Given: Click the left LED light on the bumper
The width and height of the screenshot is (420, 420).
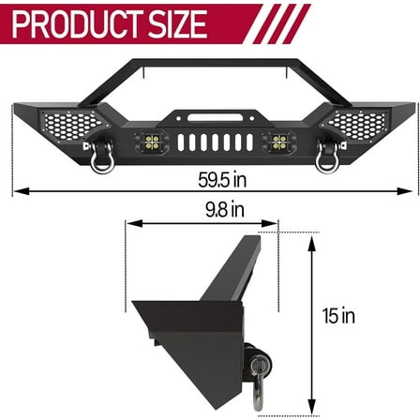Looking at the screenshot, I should [150, 142].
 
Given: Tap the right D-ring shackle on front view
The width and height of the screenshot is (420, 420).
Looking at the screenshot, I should [328, 161].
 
